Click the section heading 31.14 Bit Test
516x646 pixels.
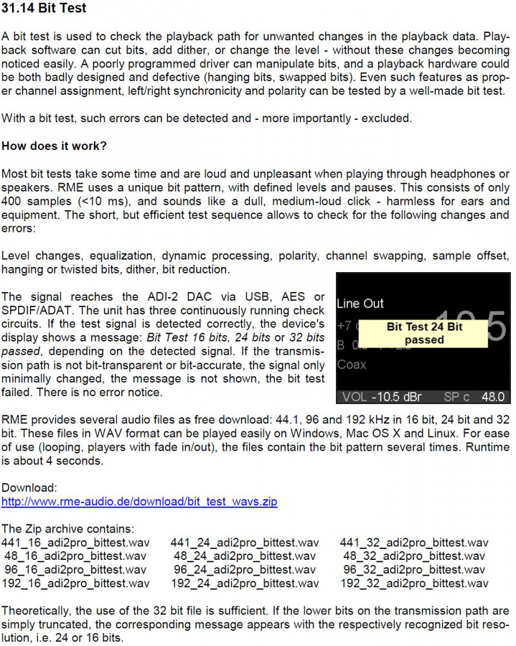click(44, 9)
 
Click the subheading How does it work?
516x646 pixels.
click(54, 146)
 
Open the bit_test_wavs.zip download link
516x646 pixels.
click(139, 501)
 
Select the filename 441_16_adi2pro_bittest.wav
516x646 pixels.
click(76, 542)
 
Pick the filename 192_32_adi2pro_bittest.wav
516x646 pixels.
click(414, 583)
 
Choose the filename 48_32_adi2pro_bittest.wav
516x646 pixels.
click(414, 556)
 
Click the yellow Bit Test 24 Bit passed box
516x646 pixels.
click(424, 333)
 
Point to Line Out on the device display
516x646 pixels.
click(360, 304)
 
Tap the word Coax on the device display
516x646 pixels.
click(351, 364)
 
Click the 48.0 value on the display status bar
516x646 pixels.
click(492, 396)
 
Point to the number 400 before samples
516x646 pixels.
click(12, 201)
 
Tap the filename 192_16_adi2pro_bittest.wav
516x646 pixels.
click(76, 583)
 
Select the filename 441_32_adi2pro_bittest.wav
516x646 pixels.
click(414, 542)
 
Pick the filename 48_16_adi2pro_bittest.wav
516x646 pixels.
click(76, 556)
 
